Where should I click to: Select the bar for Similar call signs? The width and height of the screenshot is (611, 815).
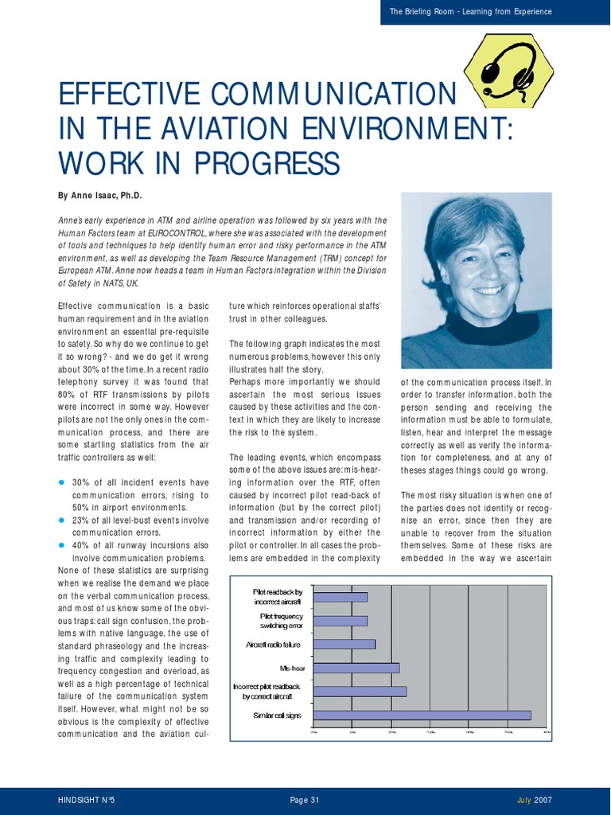422,715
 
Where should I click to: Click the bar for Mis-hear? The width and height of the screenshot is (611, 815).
356,668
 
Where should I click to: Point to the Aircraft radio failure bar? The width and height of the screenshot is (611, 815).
344,644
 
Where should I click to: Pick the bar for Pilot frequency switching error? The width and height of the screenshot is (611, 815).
341,621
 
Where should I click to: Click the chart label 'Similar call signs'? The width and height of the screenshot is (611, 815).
277,716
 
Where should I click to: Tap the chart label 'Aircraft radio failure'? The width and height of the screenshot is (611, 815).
274,644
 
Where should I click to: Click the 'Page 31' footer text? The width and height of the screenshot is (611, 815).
305,800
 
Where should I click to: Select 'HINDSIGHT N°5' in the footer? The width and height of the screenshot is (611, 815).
87,800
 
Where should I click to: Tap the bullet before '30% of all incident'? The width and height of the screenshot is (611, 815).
62,483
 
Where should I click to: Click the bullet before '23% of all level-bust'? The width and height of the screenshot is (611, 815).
62,521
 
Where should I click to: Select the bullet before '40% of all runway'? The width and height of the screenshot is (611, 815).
62,546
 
